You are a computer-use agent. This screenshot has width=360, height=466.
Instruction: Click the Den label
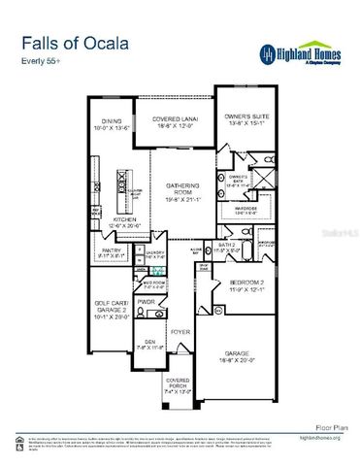(x=149, y=343)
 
